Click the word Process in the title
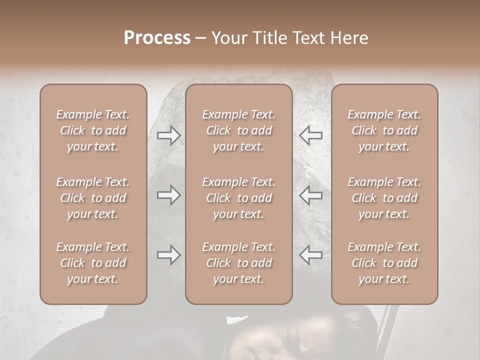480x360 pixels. pos(157,38)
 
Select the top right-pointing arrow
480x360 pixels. pos(168,135)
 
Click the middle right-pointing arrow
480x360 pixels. pos(168,195)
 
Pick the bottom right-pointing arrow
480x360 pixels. pos(168,255)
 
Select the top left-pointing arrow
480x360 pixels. pos(311,135)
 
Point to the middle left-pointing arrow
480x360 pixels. pos(311,195)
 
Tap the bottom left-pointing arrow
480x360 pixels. pos(311,255)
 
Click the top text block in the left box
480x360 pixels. pos(93,130)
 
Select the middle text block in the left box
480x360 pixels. pos(93,198)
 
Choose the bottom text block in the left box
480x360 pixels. pos(93,263)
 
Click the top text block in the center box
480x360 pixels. pos(239,130)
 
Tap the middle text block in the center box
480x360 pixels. pos(239,198)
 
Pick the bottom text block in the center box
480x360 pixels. pos(239,263)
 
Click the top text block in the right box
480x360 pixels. pos(384,130)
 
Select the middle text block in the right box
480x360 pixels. pos(384,198)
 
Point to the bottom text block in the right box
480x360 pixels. pos(384,263)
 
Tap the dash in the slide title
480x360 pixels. pos(201,38)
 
